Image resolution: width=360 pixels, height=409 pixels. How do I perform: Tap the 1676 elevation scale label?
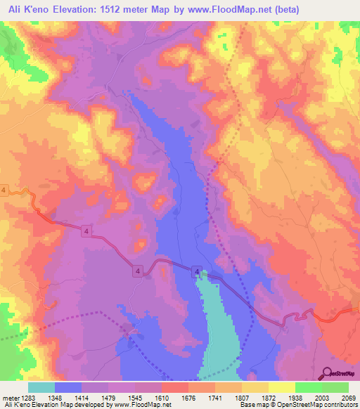click(188, 398)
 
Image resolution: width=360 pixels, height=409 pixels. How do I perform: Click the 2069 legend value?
click(347, 398)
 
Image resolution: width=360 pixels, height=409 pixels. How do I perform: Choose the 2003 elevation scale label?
click(321, 398)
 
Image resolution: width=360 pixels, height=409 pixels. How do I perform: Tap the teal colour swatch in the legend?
click(41, 387)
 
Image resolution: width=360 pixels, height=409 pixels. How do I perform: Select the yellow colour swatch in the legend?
click(281, 387)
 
